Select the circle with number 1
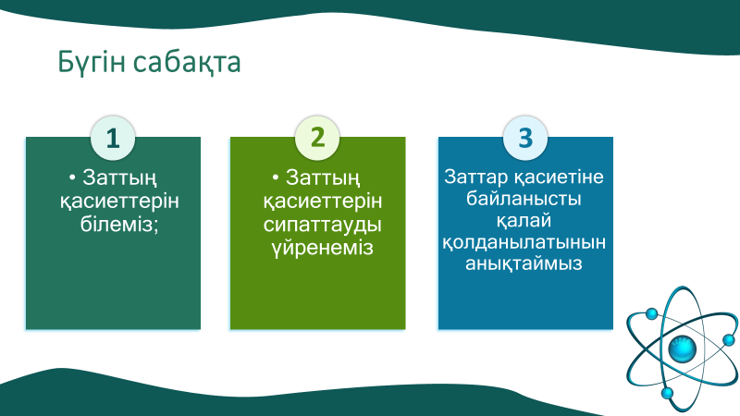(113, 138)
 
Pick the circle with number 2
(318, 138)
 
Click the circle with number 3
(525, 138)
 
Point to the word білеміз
(113, 225)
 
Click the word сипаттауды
(318, 225)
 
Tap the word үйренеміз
(318, 249)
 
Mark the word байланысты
(524, 198)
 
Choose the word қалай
(524, 220)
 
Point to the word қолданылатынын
(524, 242)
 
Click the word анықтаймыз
(524, 264)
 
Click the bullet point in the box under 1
(73, 177)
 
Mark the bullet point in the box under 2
(276, 177)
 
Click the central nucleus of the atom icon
(682, 349)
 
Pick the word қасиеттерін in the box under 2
(318, 201)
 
